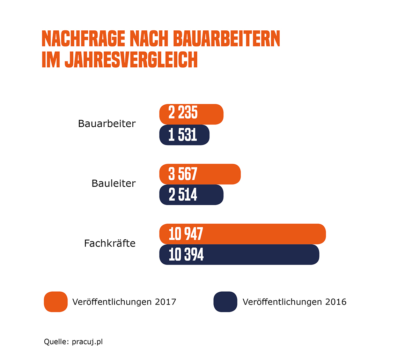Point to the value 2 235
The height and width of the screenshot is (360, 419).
[x=183, y=113]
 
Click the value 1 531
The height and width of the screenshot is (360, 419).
[x=183, y=135]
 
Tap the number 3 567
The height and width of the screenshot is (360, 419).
[x=183, y=174]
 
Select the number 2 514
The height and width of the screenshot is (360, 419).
[x=183, y=195]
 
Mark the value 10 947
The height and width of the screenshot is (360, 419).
[x=186, y=234]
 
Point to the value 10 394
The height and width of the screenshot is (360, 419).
[x=186, y=255]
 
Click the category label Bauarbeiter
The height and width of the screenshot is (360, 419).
[x=107, y=124]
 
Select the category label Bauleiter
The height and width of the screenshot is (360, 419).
[x=113, y=183]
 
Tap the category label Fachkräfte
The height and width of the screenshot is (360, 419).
[x=110, y=243]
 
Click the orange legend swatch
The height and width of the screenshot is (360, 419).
[x=56, y=302]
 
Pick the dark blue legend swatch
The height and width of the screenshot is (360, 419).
[x=225, y=302]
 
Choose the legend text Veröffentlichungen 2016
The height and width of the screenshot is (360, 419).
[x=294, y=302]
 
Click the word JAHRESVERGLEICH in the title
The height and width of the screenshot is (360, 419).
[x=131, y=60]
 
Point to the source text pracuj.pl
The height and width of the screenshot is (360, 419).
[x=87, y=342]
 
